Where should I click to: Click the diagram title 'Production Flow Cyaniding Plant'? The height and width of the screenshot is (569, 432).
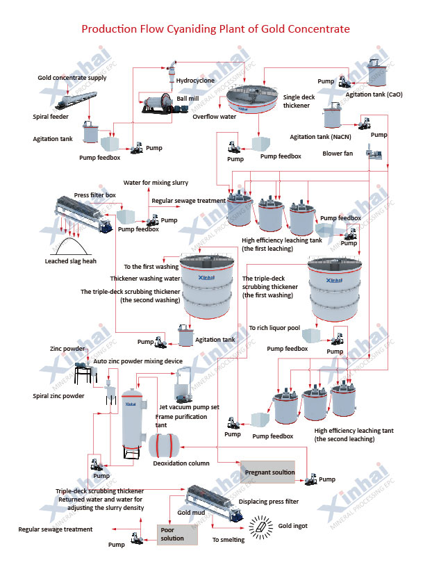215,29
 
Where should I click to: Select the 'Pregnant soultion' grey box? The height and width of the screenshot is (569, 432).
267,472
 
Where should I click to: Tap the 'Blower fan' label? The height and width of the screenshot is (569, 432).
338,154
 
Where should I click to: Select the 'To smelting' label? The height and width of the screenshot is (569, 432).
229,540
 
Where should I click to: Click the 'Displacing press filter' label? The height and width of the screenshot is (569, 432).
268,501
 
